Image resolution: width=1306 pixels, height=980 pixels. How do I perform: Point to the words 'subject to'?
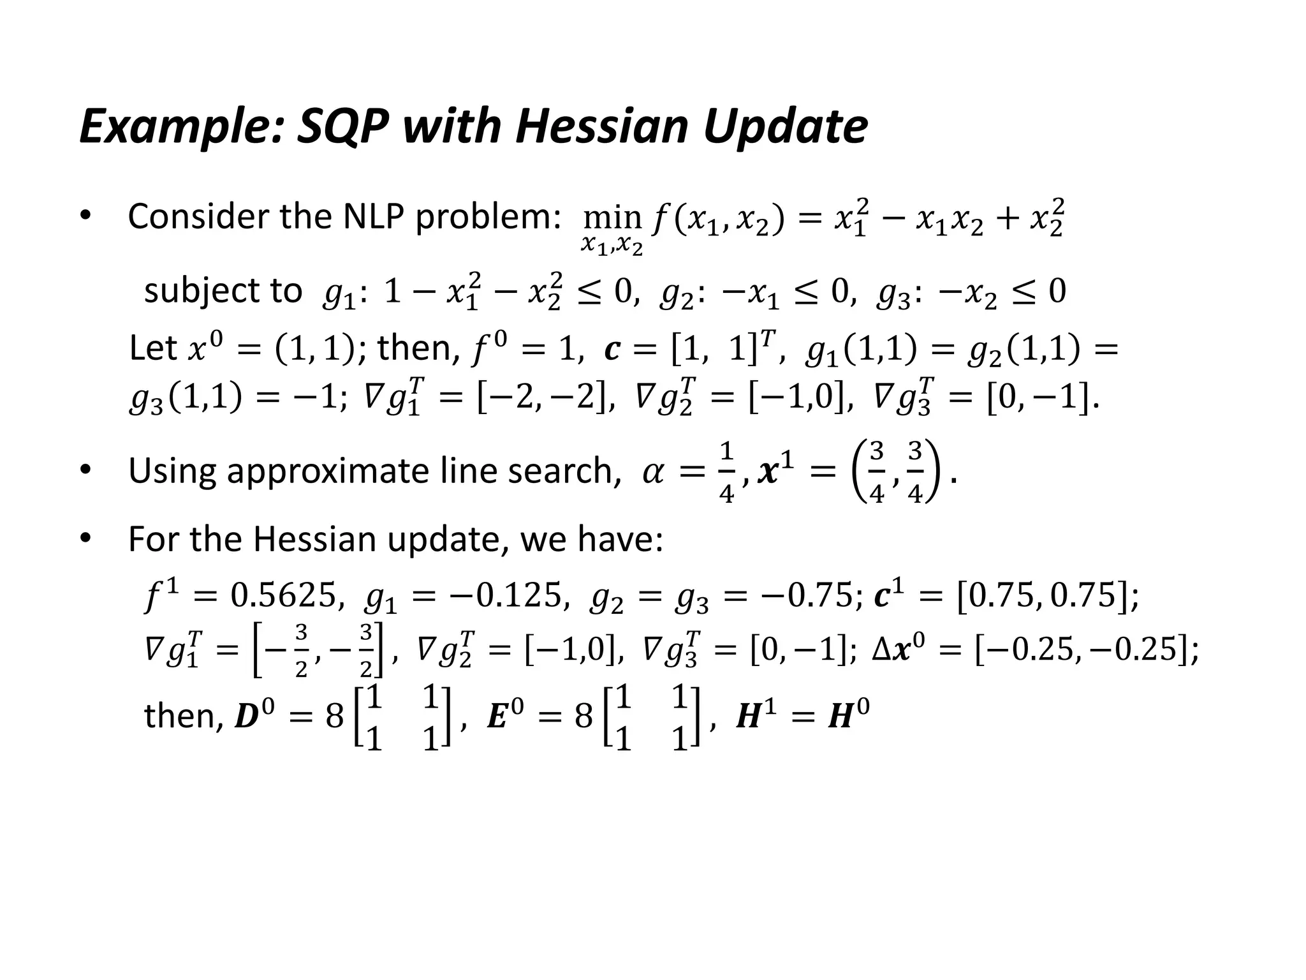click(x=223, y=291)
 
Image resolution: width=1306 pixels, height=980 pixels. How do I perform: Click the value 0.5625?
click(x=283, y=595)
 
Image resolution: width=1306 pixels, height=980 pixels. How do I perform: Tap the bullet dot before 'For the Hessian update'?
click(x=85, y=539)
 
